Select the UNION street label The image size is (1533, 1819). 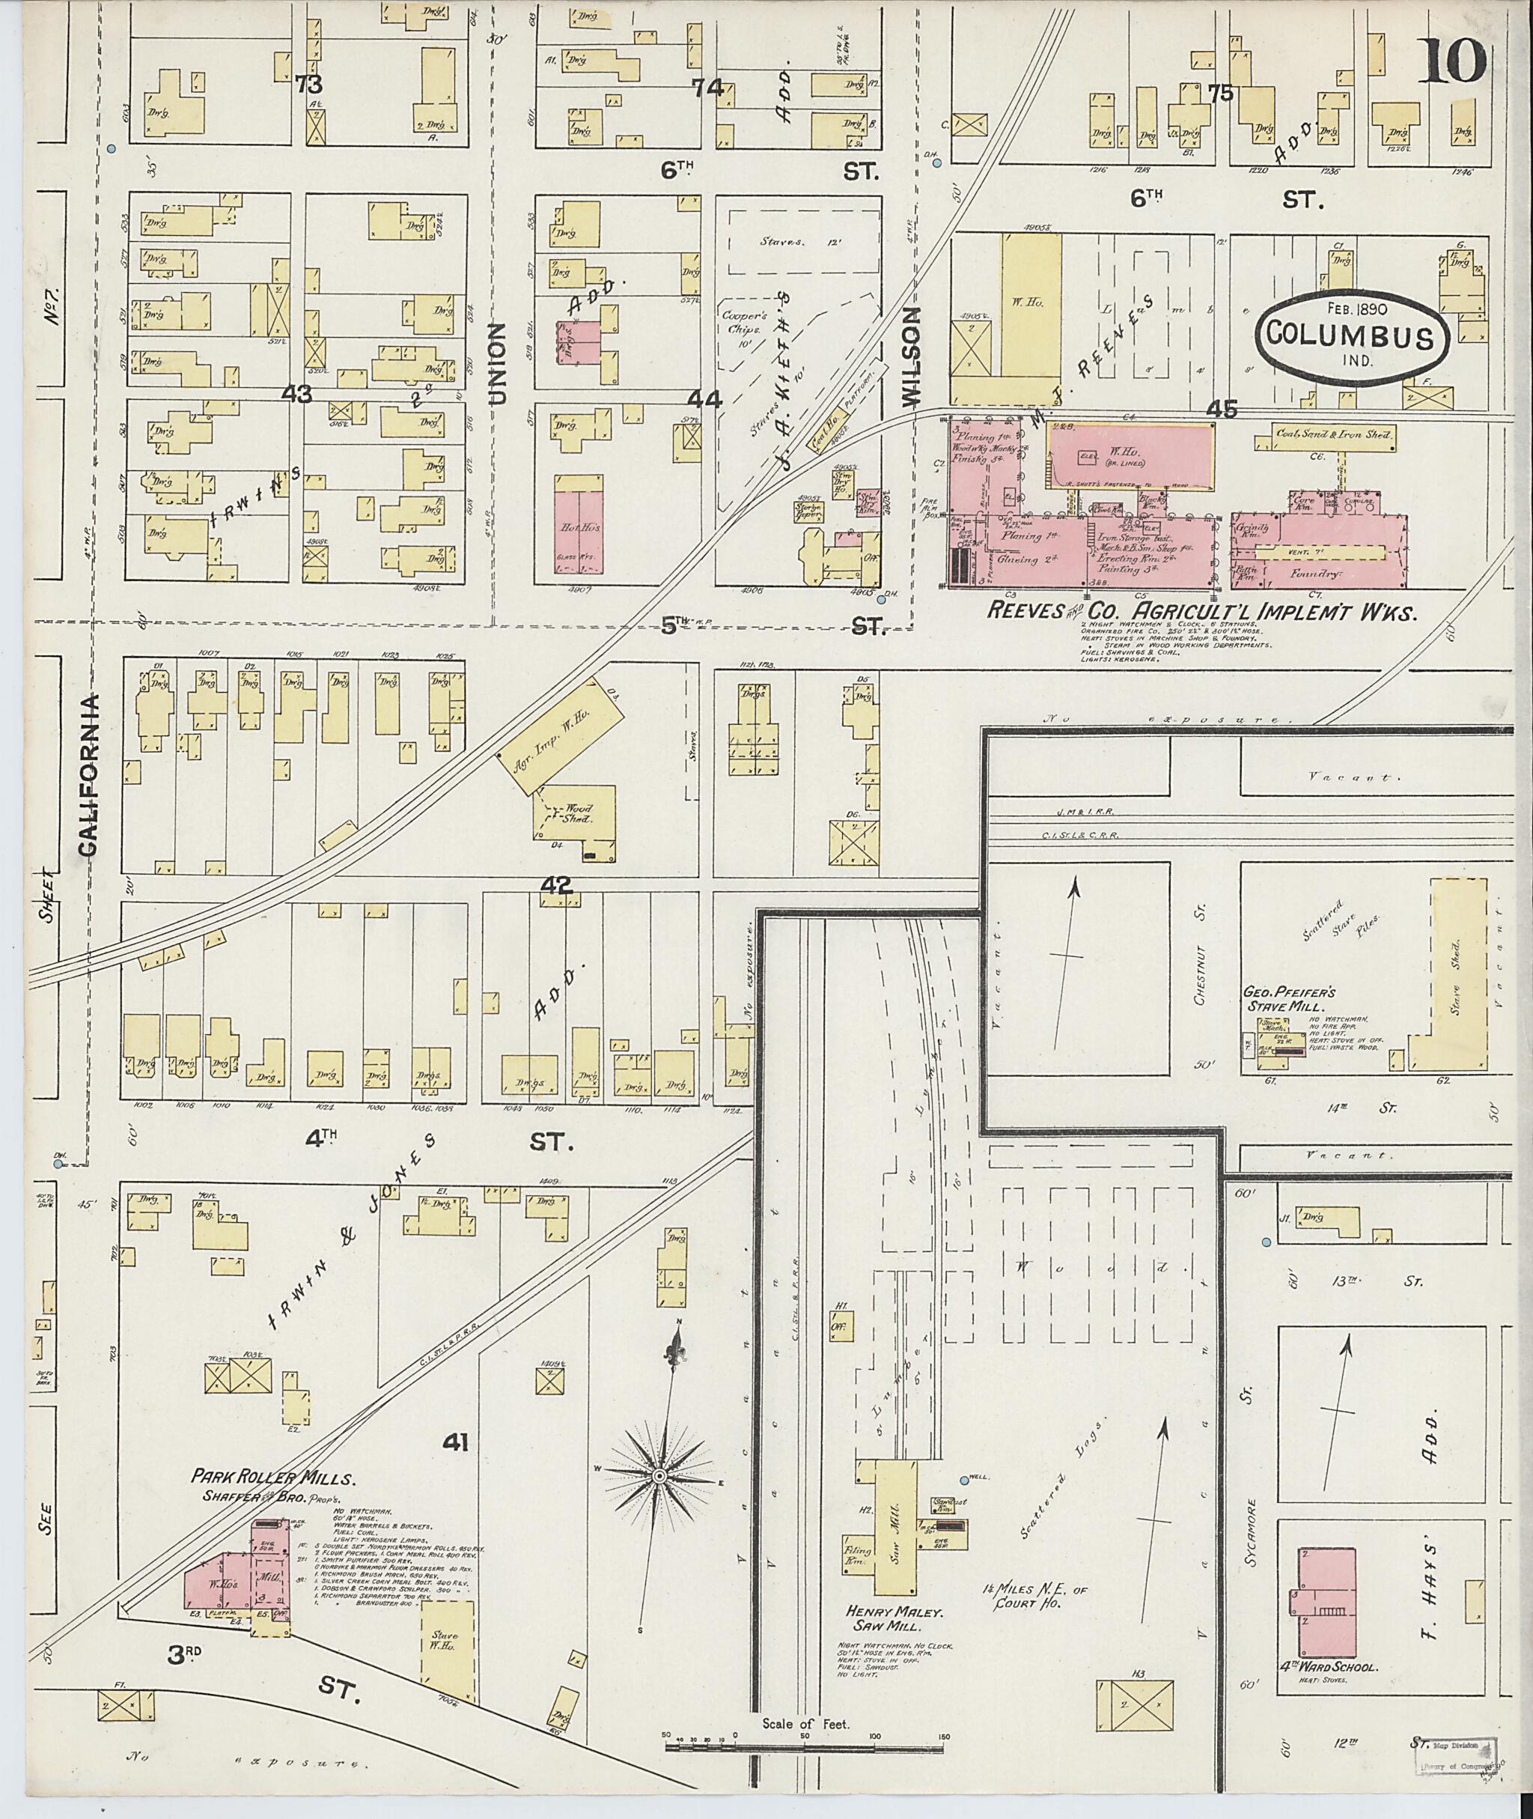click(x=497, y=363)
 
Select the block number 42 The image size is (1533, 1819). click(x=555, y=885)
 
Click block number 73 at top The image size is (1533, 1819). click(x=308, y=85)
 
